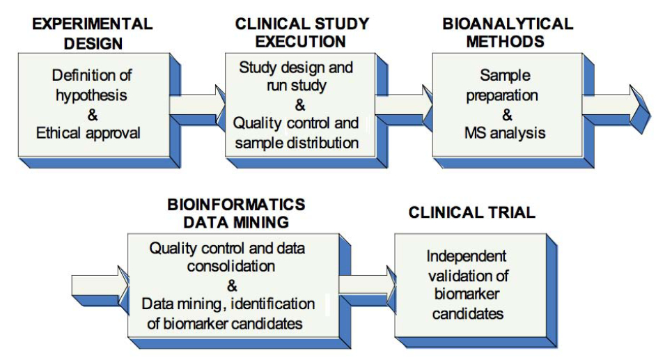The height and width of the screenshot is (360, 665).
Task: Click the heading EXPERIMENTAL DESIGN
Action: point(93,33)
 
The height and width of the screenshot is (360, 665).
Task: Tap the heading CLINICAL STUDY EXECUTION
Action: point(302,33)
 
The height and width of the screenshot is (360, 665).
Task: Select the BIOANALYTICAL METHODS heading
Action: point(508,33)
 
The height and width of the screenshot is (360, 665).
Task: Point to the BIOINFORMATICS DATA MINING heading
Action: point(236,213)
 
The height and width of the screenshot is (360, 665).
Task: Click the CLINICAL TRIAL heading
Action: point(471,212)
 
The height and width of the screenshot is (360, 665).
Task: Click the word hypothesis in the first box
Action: point(91,95)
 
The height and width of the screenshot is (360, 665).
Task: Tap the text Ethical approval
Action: point(88,133)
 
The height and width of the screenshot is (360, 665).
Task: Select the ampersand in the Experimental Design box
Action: point(93,115)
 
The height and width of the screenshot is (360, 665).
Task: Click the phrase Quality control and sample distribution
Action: point(297,133)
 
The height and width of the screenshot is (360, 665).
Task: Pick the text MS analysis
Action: point(505,133)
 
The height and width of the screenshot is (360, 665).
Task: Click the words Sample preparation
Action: point(503,86)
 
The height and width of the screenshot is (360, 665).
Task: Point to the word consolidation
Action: point(231,266)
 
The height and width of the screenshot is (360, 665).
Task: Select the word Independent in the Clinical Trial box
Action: point(466,256)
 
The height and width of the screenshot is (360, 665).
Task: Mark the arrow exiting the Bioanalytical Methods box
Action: point(616,108)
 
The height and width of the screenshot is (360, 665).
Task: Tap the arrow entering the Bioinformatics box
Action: point(100,288)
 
